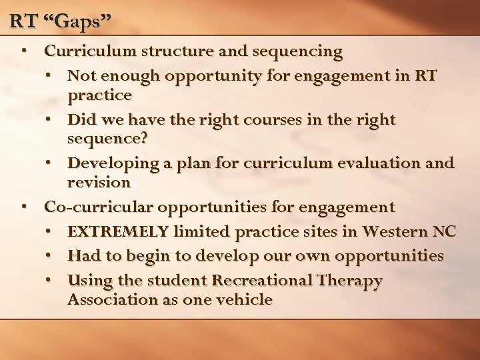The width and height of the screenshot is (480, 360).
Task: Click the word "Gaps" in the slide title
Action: [x=79, y=21]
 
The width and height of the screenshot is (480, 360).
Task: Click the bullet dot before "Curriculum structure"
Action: [x=24, y=51]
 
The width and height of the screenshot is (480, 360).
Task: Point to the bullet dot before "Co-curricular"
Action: [x=24, y=207]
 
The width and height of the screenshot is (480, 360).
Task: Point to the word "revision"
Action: [x=99, y=182]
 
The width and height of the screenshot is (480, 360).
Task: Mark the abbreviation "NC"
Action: [x=443, y=232]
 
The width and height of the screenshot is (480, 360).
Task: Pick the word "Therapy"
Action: [x=349, y=281]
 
